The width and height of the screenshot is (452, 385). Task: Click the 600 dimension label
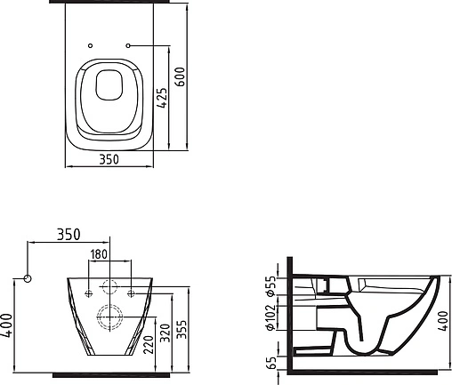click(180, 76)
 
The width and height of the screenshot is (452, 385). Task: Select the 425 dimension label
click(162, 98)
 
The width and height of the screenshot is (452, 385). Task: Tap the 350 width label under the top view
click(109, 159)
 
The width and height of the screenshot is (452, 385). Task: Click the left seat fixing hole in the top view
click(91, 45)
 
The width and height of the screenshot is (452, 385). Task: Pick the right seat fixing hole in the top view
click(128, 45)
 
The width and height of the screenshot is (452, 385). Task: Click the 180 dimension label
click(99, 254)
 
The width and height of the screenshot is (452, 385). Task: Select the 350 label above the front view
click(69, 235)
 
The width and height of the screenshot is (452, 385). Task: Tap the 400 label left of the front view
click(6, 325)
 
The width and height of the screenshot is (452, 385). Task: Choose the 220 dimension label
click(149, 345)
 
